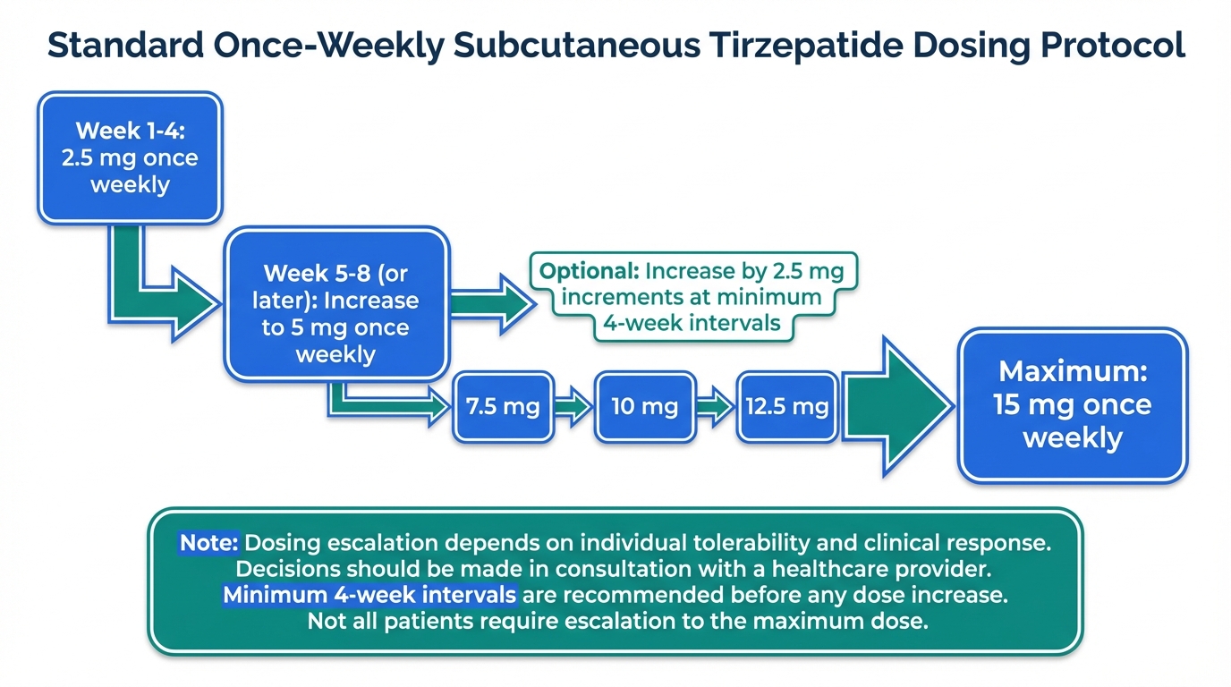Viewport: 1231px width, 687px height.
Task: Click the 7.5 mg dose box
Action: [x=503, y=407]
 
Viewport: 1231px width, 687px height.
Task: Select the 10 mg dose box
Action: [x=645, y=407]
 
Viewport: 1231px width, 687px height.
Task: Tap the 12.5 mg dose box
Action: [x=787, y=407]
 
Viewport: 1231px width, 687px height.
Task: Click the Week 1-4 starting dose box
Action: [x=130, y=158]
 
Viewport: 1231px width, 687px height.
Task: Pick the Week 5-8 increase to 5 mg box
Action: [x=336, y=304]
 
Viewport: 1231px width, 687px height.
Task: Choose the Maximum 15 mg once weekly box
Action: [x=1072, y=405]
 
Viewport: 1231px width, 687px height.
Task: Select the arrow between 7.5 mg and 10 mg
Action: [x=573, y=407]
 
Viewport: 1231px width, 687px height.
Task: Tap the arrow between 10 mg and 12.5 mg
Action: [x=716, y=407]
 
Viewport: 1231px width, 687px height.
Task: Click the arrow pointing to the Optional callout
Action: [x=493, y=304]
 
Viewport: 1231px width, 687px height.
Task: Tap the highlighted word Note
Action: [x=208, y=543]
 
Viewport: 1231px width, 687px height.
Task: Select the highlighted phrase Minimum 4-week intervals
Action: [x=369, y=595]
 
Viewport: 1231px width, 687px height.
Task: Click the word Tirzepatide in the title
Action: [x=806, y=45]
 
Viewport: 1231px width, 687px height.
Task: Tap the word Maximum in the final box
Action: [x=1073, y=371]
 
